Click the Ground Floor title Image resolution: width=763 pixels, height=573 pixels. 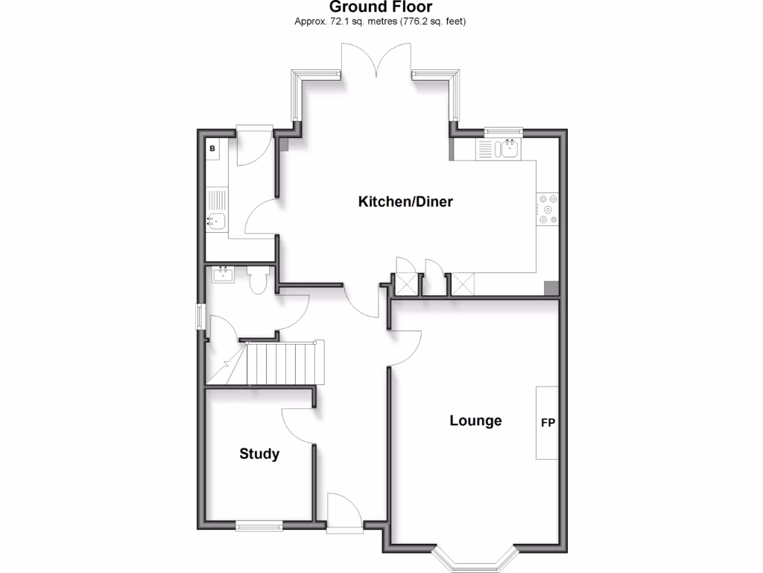[x=381, y=7]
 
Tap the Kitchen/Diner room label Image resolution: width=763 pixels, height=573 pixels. [x=405, y=201]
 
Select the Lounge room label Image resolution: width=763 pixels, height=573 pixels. [x=475, y=421]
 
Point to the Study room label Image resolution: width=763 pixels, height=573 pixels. [x=259, y=454]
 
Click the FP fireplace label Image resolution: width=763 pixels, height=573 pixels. [x=548, y=423]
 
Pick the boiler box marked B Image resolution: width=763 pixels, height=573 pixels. [x=212, y=149]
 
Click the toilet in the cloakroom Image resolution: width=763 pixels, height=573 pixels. [x=259, y=281]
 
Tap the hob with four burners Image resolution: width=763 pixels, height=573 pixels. [x=548, y=210]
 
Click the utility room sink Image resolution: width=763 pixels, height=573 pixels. [x=215, y=222]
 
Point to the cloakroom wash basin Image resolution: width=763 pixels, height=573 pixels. [x=223, y=275]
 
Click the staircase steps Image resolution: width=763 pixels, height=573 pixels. [x=283, y=363]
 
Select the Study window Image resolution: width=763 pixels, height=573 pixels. [x=259, y=526]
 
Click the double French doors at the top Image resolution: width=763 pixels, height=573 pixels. [x=378, y=60]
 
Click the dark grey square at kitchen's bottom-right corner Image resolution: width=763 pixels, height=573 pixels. [x=551, y=288]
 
